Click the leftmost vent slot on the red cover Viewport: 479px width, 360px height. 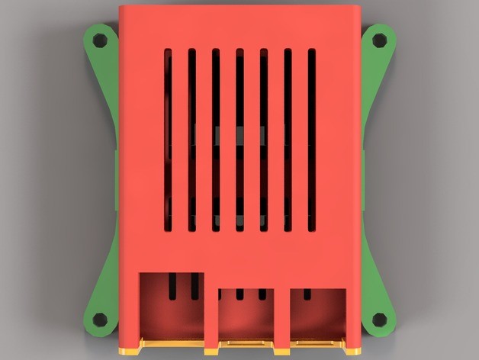click(168, 140)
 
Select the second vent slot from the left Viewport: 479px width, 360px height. click(192, 140)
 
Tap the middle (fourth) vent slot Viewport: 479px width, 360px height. click(239, 140)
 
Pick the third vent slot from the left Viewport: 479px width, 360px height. click(216, 140)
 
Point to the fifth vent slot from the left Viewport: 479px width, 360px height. click(264, 140)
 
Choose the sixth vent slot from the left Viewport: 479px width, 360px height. click(288, 140)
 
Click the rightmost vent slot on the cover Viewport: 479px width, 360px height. click(311, 140)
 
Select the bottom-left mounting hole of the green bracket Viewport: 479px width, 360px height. click(98, 319)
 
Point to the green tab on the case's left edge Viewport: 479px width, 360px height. click(117, 180)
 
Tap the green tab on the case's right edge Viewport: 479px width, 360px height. click(363, 180)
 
